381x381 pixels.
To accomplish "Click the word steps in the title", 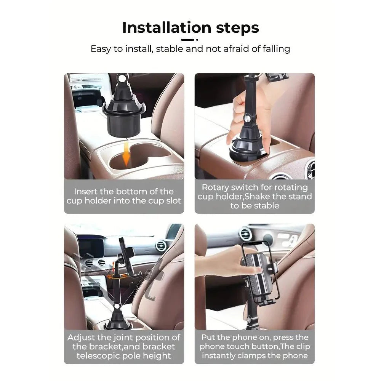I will point(235,28).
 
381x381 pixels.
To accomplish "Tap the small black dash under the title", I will point(187,39).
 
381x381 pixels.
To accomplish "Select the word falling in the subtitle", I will point(272,49).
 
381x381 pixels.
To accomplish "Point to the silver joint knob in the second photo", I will point(249,120).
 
